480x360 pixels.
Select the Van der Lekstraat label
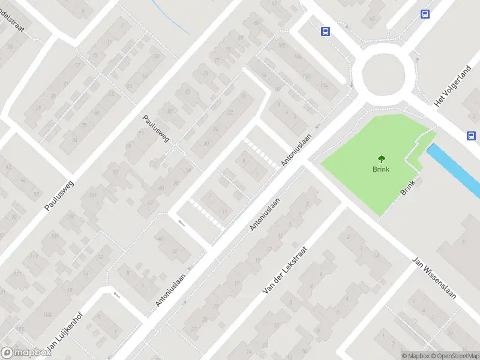286,270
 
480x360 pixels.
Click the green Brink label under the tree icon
380,169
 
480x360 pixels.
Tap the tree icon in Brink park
380,159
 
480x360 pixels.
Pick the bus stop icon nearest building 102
325,32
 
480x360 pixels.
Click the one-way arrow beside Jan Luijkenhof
116,295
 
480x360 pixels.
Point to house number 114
325,85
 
